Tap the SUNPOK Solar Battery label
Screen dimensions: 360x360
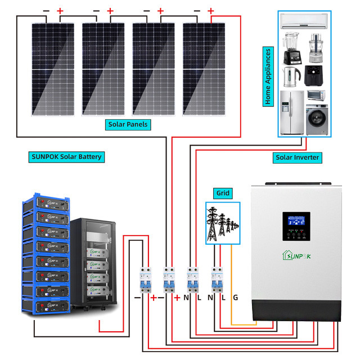click(66, 156)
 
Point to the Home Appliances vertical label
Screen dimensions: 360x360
click(268, 76)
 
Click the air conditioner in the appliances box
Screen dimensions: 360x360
click(304, 22)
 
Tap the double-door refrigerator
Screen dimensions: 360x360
click(291, 115)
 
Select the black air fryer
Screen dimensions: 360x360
click(314, 75)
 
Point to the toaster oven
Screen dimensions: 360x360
click(316, 95)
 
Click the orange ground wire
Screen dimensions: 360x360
click(231, 281)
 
